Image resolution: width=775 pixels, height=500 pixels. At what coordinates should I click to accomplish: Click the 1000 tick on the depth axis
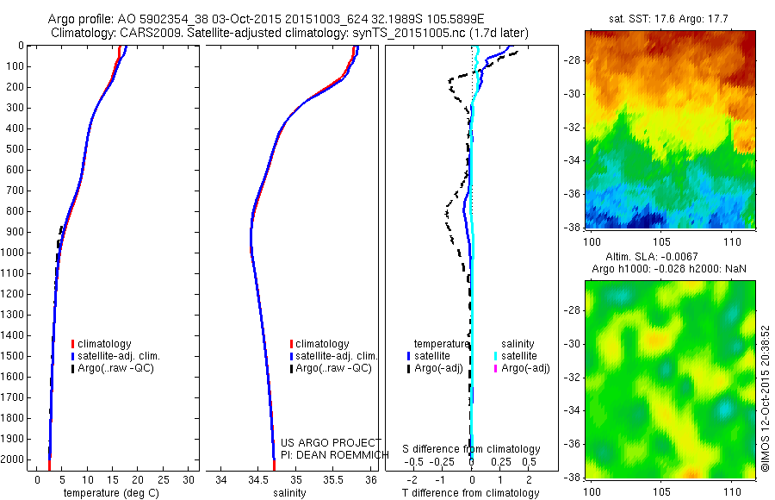[15, 253]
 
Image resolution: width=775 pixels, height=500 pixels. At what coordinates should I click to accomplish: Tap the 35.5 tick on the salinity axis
[333, 479]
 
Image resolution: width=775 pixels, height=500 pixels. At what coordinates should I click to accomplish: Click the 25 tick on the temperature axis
[164, 479]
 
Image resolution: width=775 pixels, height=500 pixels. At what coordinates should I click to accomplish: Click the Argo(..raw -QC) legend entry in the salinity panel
[332, 368]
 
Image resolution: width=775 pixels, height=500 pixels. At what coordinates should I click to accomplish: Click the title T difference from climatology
[471, 493]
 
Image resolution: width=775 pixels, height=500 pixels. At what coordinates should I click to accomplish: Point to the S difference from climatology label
[472, 449]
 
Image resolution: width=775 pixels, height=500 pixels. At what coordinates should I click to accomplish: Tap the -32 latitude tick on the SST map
[576, 127]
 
